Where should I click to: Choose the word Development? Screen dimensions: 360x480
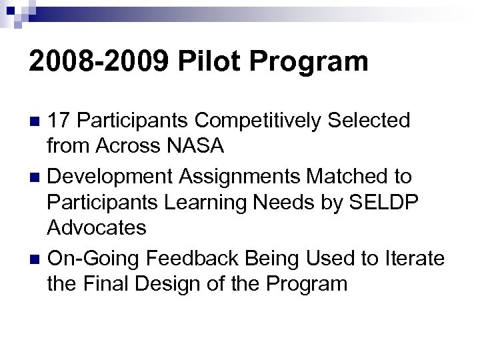(109, 176)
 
